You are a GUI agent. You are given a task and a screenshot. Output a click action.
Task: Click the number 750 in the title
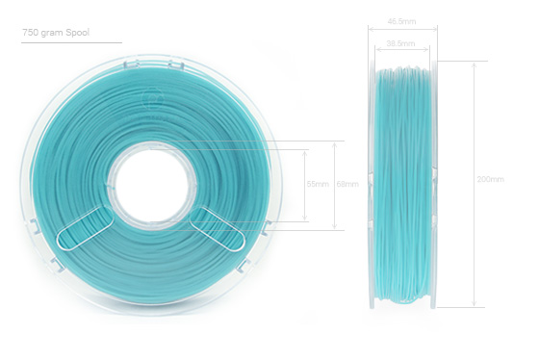[30, 32]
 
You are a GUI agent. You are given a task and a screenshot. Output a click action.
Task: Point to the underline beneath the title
[71, 42]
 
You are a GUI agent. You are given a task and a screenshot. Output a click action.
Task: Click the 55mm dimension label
[316, 184]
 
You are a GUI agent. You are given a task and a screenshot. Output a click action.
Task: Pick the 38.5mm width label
[400, 43]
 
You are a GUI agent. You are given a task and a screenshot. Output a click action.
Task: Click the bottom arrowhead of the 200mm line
[473, 305]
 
